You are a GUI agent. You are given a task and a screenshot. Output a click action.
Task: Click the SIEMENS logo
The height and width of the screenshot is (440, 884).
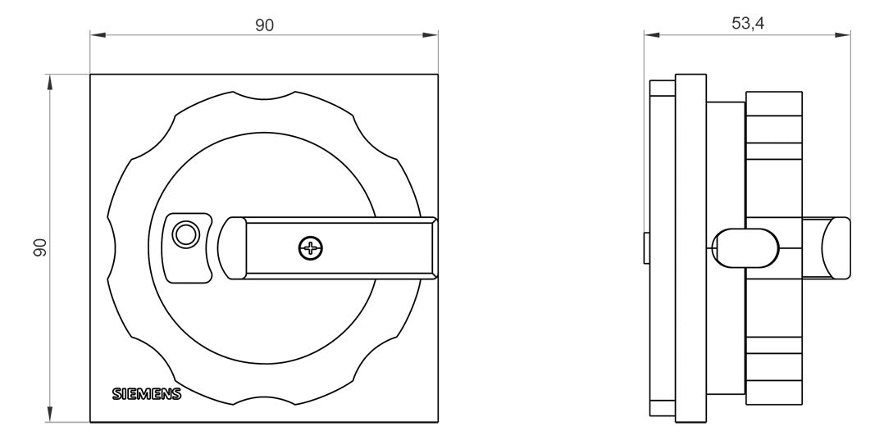tap(147, 394)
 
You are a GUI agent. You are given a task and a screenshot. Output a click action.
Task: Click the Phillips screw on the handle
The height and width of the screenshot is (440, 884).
tap(311, 248)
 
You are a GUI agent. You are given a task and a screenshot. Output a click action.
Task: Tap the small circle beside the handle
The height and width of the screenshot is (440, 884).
tap(185, 234)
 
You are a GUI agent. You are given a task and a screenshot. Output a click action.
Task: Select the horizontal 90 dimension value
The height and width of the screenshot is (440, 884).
tap(264, 25)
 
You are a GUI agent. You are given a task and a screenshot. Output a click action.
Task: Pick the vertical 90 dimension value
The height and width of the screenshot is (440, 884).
tap(39, 248)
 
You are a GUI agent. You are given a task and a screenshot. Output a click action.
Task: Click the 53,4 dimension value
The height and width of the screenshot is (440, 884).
tap(748, 23)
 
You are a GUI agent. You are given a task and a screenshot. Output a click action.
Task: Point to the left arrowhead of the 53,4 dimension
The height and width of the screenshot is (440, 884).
tap(652, 35)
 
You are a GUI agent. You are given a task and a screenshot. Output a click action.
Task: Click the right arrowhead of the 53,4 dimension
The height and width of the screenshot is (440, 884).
tap(843, 35)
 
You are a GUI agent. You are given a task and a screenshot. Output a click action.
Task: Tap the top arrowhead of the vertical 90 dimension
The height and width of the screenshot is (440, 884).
tap(50, 82)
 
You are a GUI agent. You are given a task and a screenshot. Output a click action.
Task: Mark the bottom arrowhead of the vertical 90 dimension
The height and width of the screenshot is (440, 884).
tap(50, 415)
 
